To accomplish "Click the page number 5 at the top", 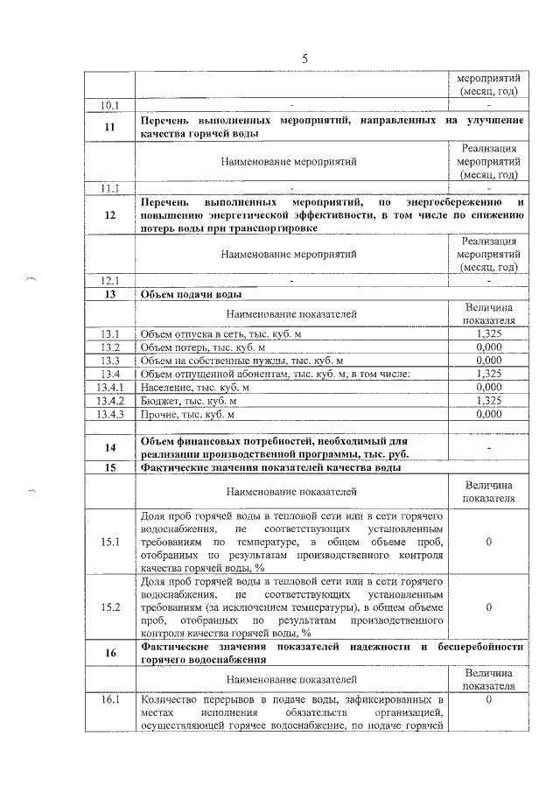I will (305, 59).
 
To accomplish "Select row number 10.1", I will (110, 105).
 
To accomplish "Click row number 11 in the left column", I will (110, 126).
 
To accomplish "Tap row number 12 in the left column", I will (110, 215).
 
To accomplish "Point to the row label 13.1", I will (110, 334).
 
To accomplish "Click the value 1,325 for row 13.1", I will (489, 334).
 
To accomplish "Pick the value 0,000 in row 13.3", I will (489, 361).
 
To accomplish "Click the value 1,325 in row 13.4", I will (489, 374).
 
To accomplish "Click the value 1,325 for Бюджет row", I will (489, 400).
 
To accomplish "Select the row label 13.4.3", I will (110, 414).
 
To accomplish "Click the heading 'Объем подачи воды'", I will (187, 295).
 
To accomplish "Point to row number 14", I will (110, 447).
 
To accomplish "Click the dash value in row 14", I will (489, 447).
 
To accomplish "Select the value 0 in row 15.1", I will (489, 543).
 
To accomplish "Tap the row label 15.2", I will (110, 606).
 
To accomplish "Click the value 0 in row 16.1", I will (489, 700).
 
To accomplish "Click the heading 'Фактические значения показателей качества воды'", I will (271, 467).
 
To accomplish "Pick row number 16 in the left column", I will (110, 653).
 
